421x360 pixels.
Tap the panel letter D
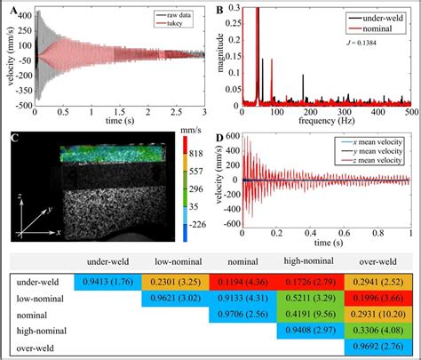220,137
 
